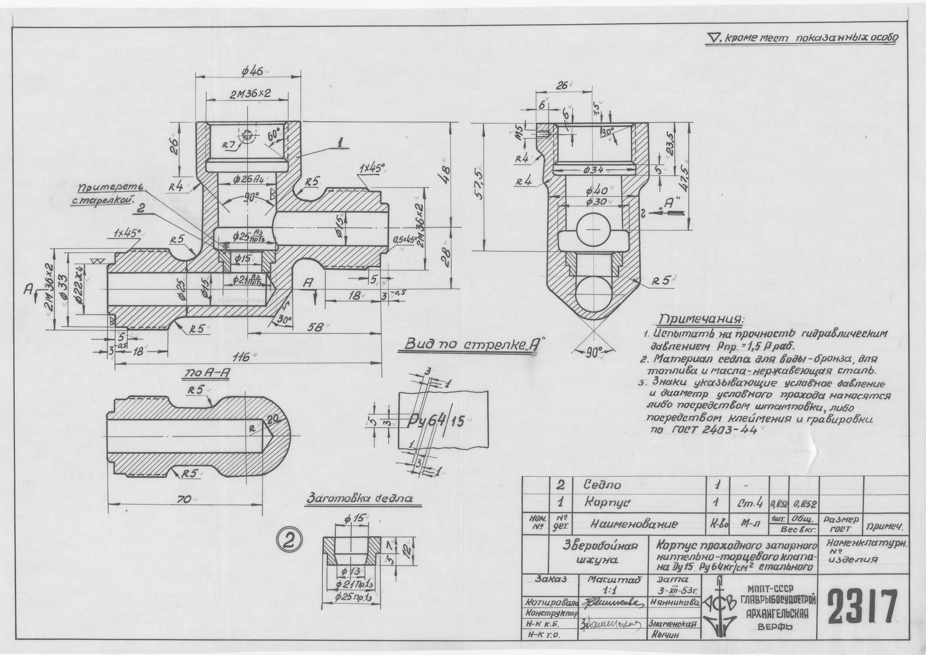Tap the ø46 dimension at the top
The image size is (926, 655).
tap(252, 72)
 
